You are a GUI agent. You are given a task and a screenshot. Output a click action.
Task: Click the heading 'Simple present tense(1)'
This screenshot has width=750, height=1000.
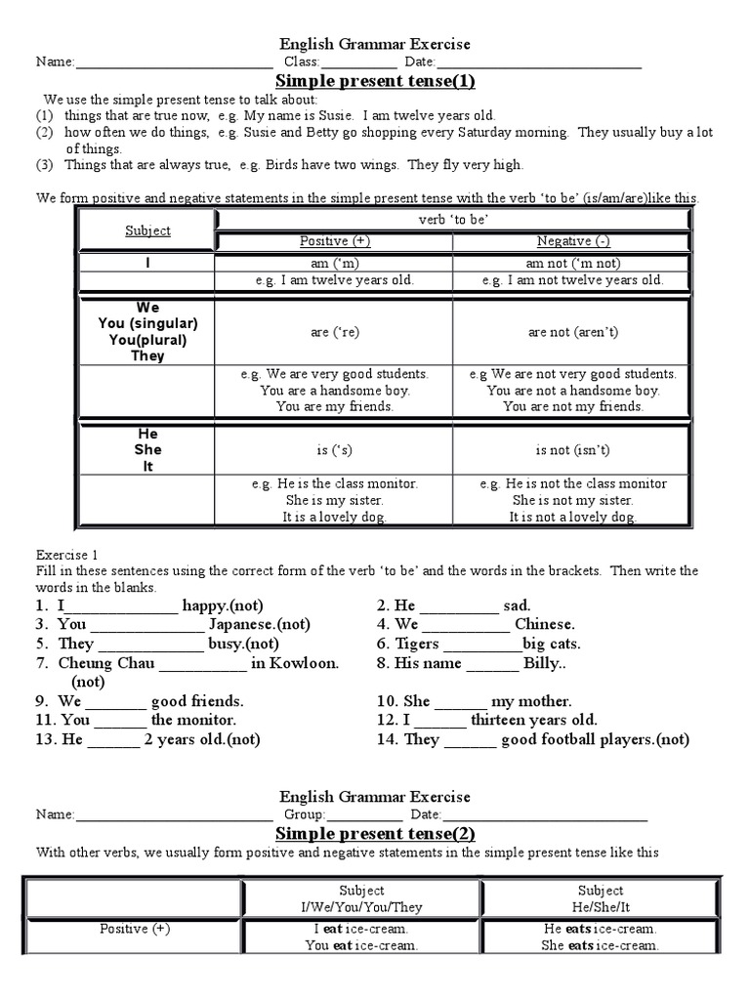pyautogui.click(x=375, y=81)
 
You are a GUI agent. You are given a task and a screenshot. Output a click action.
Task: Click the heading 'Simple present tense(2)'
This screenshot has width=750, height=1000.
pyautogui.click(x=375, y=833)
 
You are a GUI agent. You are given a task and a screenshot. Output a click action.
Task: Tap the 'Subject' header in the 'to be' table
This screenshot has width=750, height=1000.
pyautogui.click(x=147, y=230)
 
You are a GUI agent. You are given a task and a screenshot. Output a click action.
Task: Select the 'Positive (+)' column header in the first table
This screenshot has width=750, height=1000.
pyautogui.click(x=334, y=241)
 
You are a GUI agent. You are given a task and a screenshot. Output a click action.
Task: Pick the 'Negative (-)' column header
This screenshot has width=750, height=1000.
pyautogui.click(x=573, y=241)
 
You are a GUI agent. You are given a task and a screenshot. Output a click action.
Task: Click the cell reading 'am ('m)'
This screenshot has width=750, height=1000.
pyautogui.click(x=334, y=263)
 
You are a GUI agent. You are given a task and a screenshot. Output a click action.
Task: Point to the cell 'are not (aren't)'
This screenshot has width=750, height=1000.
pyautogui.click(x=573, y=332)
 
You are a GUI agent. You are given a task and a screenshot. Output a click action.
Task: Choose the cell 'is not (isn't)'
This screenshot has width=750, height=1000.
pyautogui.click(x=573, y=450)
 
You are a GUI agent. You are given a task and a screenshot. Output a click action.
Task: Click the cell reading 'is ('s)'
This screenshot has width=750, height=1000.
pyautogui.click(x=334, y=450)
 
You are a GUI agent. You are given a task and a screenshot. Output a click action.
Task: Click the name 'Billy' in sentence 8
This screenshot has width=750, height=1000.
pyautogui.click(x=544, y=663)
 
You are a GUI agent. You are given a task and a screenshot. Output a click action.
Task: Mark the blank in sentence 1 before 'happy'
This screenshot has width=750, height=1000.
pyautogui.click(x=121, y=606)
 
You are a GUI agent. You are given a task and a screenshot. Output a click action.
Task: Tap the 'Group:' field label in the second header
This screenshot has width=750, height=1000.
pyautogui.click(x=304, y=814)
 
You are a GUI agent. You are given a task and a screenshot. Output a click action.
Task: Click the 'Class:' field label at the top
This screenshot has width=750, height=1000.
pyautogui.click(x=302, y=62)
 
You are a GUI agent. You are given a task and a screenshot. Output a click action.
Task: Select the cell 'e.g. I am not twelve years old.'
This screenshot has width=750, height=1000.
pyautogui.click(x=573, y=280)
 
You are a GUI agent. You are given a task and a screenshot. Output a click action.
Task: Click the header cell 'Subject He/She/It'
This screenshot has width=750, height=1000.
pyautogui.click(x=600, y=898)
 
